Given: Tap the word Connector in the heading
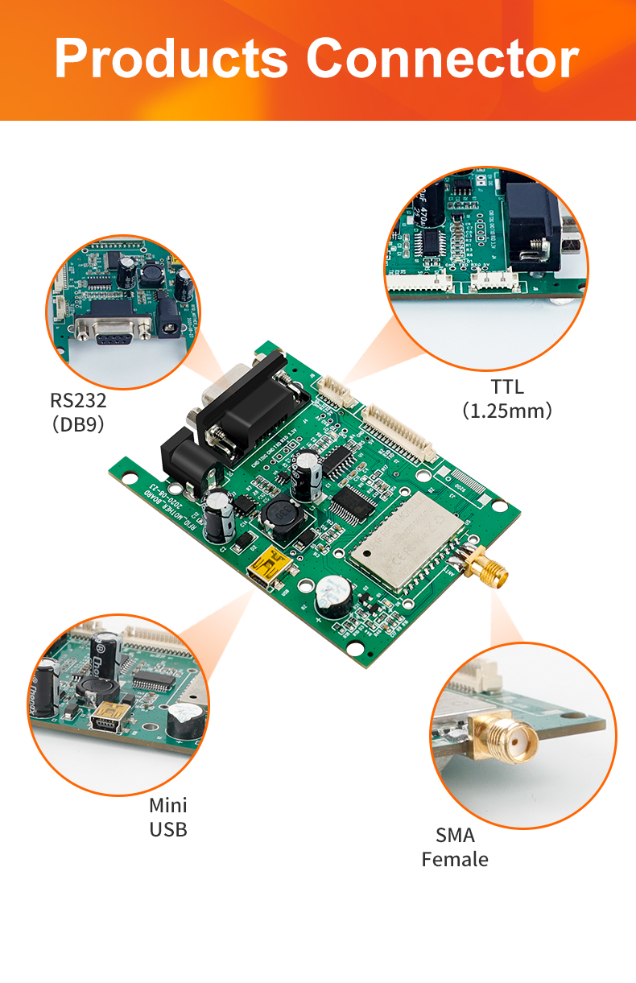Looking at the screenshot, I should pos(442,59).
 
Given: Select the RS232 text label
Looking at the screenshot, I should pos(78,400).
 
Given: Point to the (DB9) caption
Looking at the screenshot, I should pos(78,424).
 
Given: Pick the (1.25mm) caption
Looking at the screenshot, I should pos(507,411).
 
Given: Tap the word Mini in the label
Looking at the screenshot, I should pos(168,805).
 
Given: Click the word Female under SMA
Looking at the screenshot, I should pos(455,859).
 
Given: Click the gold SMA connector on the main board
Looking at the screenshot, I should pos(488,570).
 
